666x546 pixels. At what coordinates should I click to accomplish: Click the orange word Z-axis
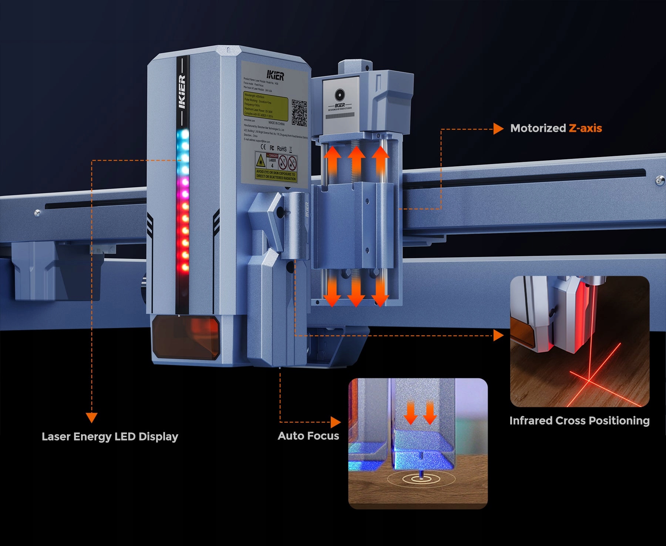click(x=585, y=128)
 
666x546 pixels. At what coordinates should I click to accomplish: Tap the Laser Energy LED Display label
click(x=110, y=437)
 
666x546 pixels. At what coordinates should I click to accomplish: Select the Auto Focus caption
click(x=308, y=436)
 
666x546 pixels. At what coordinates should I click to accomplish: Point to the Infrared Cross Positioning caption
click(x=579, y=421)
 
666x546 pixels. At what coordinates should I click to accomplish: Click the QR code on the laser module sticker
click(x=299, y=113)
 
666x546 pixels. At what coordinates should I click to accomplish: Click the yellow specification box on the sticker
click(x=265, y=106)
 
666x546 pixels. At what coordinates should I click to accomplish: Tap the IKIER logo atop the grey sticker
click(x=276, y=76)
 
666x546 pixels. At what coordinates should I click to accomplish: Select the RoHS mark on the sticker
click(x=282, y=149)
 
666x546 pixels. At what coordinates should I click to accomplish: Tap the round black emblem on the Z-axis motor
click(x=340, y=95)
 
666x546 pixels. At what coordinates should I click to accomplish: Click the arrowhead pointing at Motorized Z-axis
click(x=498, y=129)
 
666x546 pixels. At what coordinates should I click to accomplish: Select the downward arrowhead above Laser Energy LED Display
click(x=91, y=418)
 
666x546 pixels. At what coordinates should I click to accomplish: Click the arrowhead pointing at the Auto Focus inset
click(x=336, y=422)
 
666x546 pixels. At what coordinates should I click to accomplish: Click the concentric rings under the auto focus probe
click(x=421, y=479)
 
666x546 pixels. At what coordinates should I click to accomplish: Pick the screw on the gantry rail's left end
click(x=37, y=212)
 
